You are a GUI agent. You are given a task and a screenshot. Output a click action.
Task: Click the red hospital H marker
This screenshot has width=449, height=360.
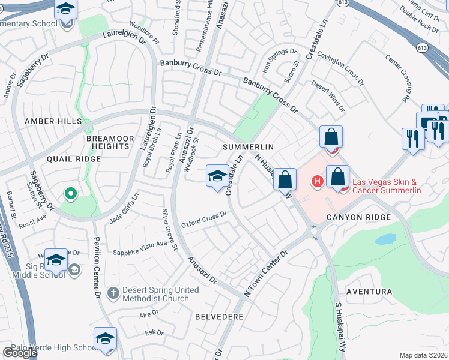(316, 181)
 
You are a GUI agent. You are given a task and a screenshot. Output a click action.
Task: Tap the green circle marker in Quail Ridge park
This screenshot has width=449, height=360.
(70, 193)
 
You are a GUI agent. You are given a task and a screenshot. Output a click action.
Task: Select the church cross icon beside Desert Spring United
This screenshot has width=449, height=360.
(113, 293)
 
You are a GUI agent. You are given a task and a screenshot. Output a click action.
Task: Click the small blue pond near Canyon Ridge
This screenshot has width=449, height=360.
(385, 239)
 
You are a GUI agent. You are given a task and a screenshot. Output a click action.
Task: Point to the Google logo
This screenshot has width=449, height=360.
(19, 353)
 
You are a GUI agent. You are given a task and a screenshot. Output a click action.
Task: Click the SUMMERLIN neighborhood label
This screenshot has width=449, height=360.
(248, 146)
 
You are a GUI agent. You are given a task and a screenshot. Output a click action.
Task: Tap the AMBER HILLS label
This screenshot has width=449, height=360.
(52, 121)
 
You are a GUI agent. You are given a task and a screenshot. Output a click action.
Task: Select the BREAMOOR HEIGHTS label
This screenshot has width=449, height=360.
(110, 142)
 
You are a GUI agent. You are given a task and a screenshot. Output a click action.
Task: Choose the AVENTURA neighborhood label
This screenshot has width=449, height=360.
(369, 292)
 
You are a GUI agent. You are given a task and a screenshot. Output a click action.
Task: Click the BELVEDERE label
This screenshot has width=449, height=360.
(218, 316)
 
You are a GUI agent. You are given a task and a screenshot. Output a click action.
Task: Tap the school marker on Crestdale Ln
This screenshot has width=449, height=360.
(217, 176)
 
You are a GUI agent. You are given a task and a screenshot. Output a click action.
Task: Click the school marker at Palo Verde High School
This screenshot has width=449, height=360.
(105, 338)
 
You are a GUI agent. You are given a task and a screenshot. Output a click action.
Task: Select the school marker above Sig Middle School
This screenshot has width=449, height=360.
(56, 260)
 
